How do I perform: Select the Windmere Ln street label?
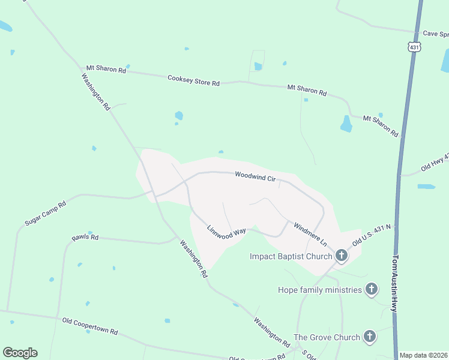pyautogui.click(x=310, y=234)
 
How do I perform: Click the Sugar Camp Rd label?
pyautogui.click(x=45, y=212)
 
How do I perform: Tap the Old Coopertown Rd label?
pyautogui.click(x=90, y=326)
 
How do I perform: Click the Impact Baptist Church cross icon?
pyautogui.click(x=341, y=256)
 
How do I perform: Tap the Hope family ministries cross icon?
pyautogui.click(x=371, y=290)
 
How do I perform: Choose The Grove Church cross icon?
pyautogui.click(x=369, y=337)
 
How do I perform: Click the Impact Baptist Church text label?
pyautogui.click(x=291, y=257)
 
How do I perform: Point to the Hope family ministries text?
pyautogui.click(x=319, y=290)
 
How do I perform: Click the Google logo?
pyautogui.click(x=20, y=353)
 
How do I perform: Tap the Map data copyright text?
pyautogui.click(x=424, y=355)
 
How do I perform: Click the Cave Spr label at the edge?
pyautogui.click(x=435, y=34)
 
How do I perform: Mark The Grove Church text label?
pyautogui.click(x=327, y=337)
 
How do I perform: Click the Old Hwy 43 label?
pyautogui.click(x=435, y=163)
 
